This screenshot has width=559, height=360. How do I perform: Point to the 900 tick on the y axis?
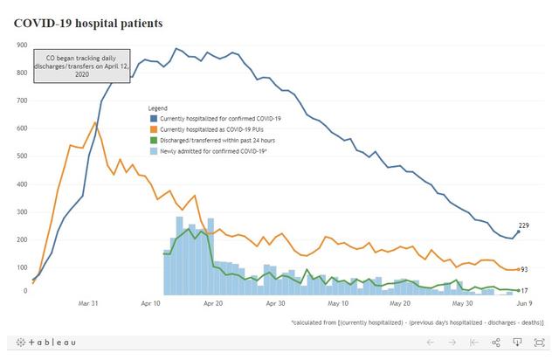click(x=20, y=45)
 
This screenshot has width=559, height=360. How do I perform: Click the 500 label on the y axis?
click(x=20, y=156)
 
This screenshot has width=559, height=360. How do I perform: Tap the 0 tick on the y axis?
click(x=24, y=292)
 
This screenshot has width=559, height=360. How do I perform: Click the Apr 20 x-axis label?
click(x=212, y=304)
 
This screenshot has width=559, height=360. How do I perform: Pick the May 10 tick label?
click(x=338, y=304)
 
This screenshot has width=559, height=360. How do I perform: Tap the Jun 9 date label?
click(x=521, y=304)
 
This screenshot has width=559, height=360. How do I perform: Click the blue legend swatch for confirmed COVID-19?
click(x=155, y=117)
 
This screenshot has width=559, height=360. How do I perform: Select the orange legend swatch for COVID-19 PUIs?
click(x=155, y=128)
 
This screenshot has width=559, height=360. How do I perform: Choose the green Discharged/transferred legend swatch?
click(x=155, y=140)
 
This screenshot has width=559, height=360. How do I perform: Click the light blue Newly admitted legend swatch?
click(x=155, y=151)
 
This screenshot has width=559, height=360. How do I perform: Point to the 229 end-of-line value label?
click(x=525, y=226)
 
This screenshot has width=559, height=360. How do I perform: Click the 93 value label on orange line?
click(x=525, y=270)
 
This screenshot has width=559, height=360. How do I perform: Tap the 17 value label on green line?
click(x=525, y=290)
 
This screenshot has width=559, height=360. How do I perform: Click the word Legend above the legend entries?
click(x=158, y=107)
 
